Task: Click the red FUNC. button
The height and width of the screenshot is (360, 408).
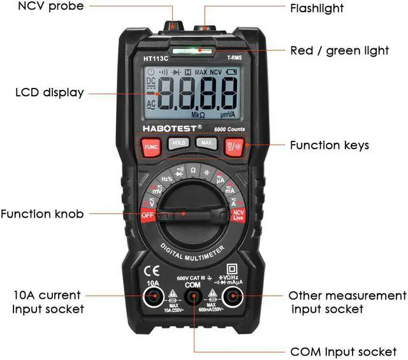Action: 151,147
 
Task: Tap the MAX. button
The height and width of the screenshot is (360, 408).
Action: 207,143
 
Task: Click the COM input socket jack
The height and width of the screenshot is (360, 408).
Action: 194,298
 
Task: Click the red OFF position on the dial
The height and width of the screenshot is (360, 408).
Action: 148,215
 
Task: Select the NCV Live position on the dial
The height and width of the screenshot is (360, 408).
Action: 238,215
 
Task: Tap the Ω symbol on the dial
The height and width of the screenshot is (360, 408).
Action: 193,171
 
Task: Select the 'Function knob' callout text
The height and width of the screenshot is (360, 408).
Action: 42,214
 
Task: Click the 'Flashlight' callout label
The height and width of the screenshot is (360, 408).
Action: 317,8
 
